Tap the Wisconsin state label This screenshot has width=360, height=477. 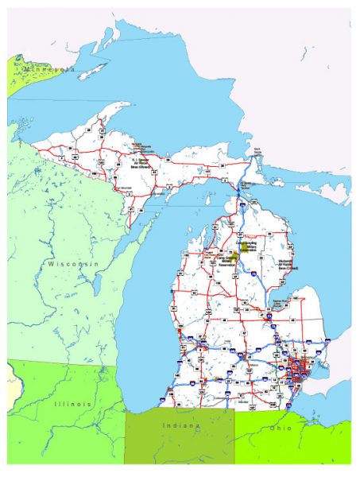(x=72, y=263)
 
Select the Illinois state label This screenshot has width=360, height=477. (x=72, y=405)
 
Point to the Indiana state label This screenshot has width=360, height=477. (x=182, y=426)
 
